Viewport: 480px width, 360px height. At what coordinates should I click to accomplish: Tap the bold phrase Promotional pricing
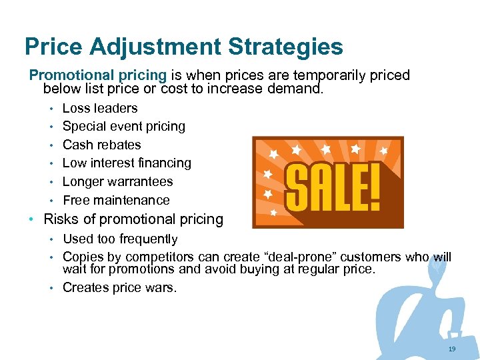pyautogui.click(x=97, y=75)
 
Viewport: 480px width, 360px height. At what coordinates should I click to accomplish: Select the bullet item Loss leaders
pyautogui.click(x=100, y=108)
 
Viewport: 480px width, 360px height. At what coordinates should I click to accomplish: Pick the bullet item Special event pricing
pyautogui.click(x=124, y=126)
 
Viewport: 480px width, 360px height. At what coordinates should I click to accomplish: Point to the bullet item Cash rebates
pyautogui.click(x=102, y=145)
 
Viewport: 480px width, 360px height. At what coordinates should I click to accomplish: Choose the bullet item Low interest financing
pyautogui.click(x=127, y=163)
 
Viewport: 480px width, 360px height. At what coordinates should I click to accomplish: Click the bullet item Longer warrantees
pyautogui.click(x=117, y=181)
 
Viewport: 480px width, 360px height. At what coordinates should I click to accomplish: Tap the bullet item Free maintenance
pyautogui.click(x=116, y=200)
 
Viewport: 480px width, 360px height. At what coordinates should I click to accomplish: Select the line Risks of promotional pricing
pyautogui.click(x=133, y=219)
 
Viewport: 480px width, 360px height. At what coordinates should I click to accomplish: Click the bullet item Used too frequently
pyautogui.click(x=120, y=239)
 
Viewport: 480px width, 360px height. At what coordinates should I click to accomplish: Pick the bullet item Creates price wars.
pyautogui.click(x=120, y=287)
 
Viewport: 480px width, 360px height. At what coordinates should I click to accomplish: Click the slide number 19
pyautogui.click(x=453, y=349)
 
